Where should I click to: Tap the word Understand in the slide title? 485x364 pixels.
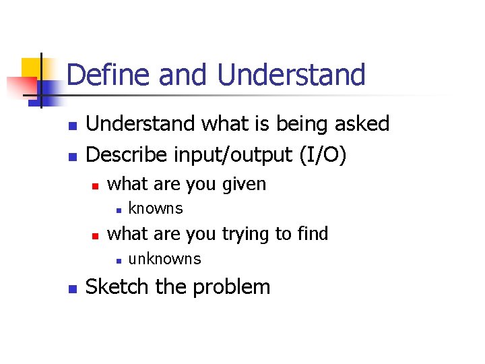291,75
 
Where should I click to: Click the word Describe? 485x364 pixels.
128,154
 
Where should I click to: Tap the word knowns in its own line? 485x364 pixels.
155,208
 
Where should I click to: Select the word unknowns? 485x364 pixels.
164,259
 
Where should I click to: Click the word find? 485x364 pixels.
311,234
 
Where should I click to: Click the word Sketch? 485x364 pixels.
117,286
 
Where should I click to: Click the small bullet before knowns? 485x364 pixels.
117,210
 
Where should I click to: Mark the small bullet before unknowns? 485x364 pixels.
117,260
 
